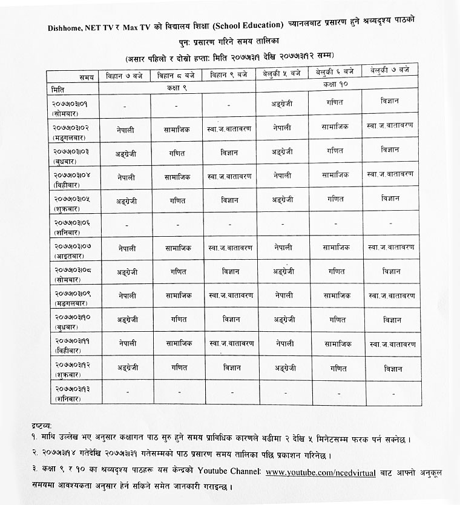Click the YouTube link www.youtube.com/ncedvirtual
pyautogui.click(x=320, y=472)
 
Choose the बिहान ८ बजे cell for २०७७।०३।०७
pyautogui.click(x=178, y=248)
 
